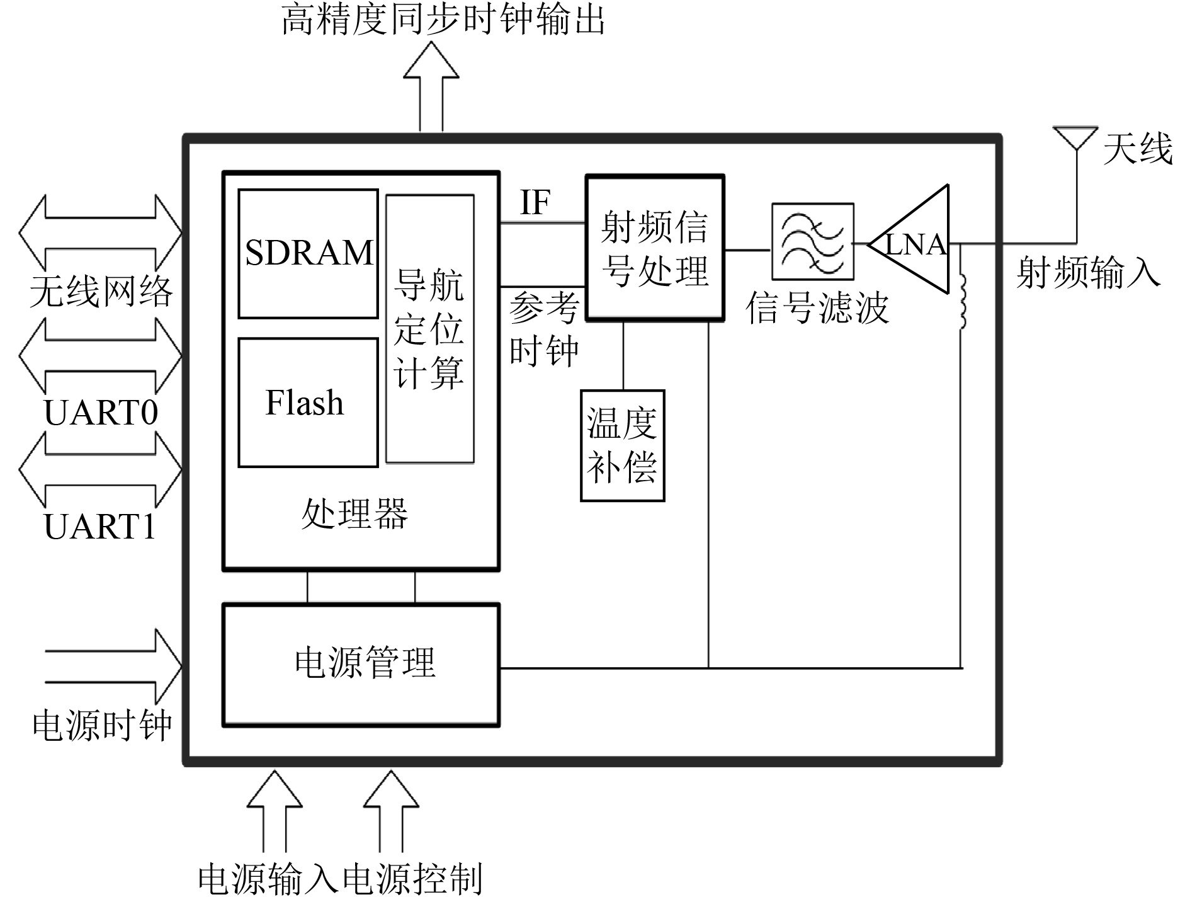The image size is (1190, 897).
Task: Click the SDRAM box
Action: click(308, 253)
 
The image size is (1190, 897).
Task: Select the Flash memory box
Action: click(308, 403)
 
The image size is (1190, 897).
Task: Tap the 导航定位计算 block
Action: click(429, 329)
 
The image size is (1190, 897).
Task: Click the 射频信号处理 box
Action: click(655, 248)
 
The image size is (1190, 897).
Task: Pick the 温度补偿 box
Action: click(622, 445)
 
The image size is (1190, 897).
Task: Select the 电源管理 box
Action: click(361, 665)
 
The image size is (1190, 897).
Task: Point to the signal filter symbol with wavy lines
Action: click(812, 241)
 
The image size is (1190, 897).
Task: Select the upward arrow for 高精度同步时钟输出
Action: click(431, 85)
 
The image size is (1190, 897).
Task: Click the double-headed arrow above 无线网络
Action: click(101, 233)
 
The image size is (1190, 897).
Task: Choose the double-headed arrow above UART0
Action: click(101, 357)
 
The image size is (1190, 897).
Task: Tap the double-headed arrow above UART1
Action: click(101, 469)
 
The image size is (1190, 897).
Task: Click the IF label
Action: click(535, 202)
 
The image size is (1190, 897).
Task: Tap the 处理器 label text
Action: click(354, 513)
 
